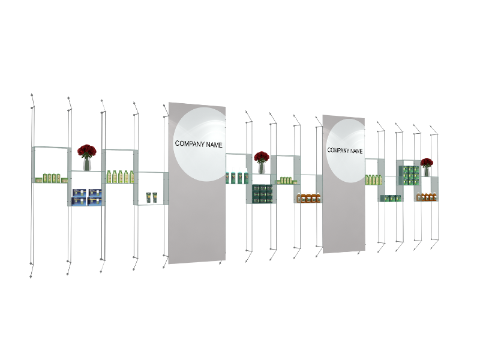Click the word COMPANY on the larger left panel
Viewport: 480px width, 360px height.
(190, 143)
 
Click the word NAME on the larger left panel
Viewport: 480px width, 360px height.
(214, 145)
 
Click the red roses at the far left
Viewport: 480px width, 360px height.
(86, 151)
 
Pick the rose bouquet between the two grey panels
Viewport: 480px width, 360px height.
(262, 157)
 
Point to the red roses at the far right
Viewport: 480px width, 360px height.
(427, 162)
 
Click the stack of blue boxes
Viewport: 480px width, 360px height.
(87, 197)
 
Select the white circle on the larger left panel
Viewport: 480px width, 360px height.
(200, 144)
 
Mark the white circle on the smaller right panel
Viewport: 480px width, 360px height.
(346, 151)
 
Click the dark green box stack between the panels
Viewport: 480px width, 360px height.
(262, 194)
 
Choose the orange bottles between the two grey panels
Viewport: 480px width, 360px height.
(308, 197)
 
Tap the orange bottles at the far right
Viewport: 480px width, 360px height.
(425, 197)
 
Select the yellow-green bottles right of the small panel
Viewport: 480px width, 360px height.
(373, 179)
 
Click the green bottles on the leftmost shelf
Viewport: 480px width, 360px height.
(52, 178)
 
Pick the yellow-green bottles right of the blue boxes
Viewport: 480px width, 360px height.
(121, 176)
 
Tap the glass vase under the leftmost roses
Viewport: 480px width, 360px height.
(86, 164)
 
